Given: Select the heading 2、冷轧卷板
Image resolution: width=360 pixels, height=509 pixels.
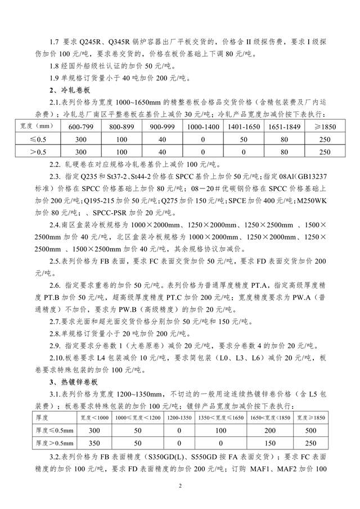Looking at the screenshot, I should (x=66, y=90).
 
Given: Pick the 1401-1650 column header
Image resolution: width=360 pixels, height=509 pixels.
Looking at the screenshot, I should (x=243, y=127).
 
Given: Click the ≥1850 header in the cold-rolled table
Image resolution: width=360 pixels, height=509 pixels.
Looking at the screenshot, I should (x=325, y=127).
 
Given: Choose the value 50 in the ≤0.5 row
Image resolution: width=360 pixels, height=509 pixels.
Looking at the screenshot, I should (x=243, y=139).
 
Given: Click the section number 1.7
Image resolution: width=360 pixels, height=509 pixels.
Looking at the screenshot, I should (x=55, y=42).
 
